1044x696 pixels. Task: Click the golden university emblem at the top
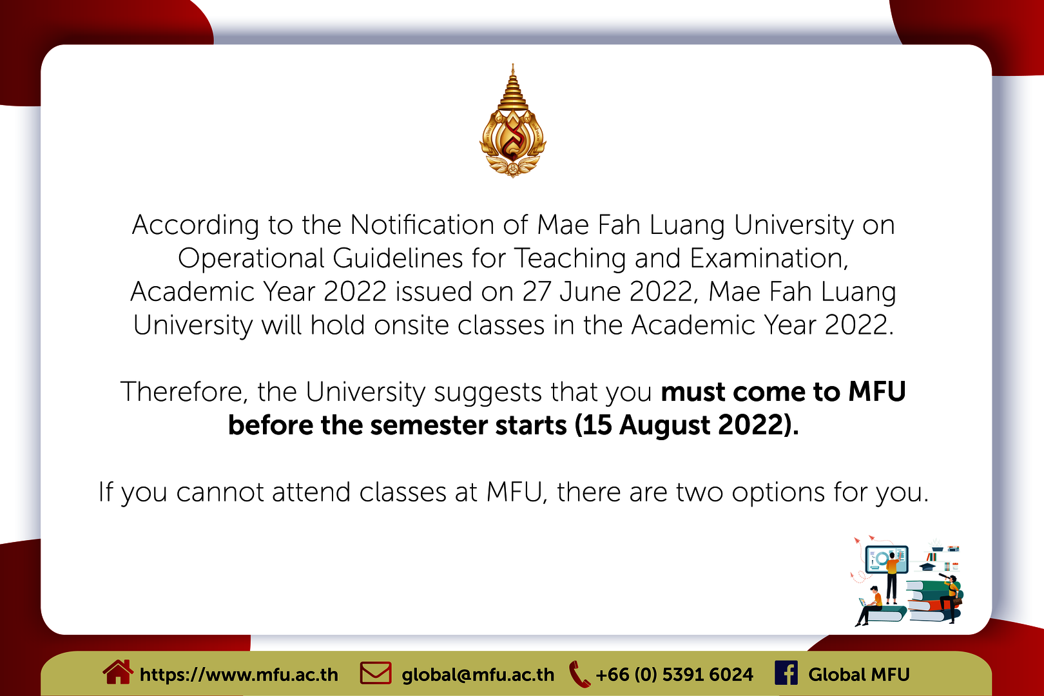point(513,121)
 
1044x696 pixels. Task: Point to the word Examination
point(769,258)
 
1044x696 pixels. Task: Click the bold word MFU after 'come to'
point(876,392)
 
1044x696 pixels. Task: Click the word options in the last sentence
point(778,493)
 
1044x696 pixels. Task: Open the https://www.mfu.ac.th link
point(238,675)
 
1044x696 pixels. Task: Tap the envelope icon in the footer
point(376,673)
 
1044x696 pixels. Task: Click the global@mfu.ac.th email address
point(478,675)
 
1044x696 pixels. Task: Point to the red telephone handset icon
point(579,674)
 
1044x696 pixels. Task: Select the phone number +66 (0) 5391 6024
point(674,675)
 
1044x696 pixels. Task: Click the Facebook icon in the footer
point(786,673)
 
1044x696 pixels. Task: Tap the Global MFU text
point(859,675)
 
